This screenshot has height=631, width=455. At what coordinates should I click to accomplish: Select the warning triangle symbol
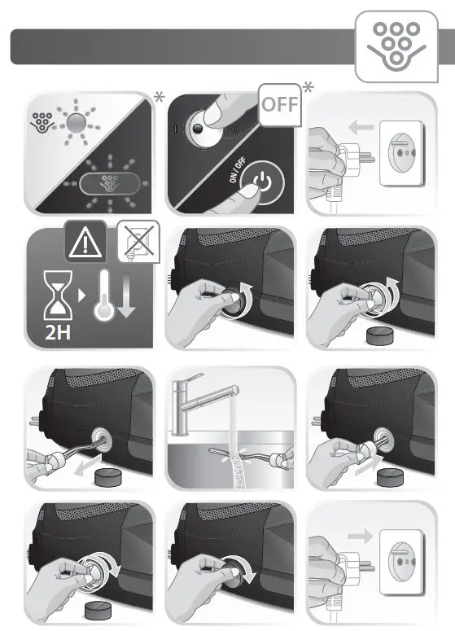[85, 242]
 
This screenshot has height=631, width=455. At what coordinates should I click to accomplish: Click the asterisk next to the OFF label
[308, 87]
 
